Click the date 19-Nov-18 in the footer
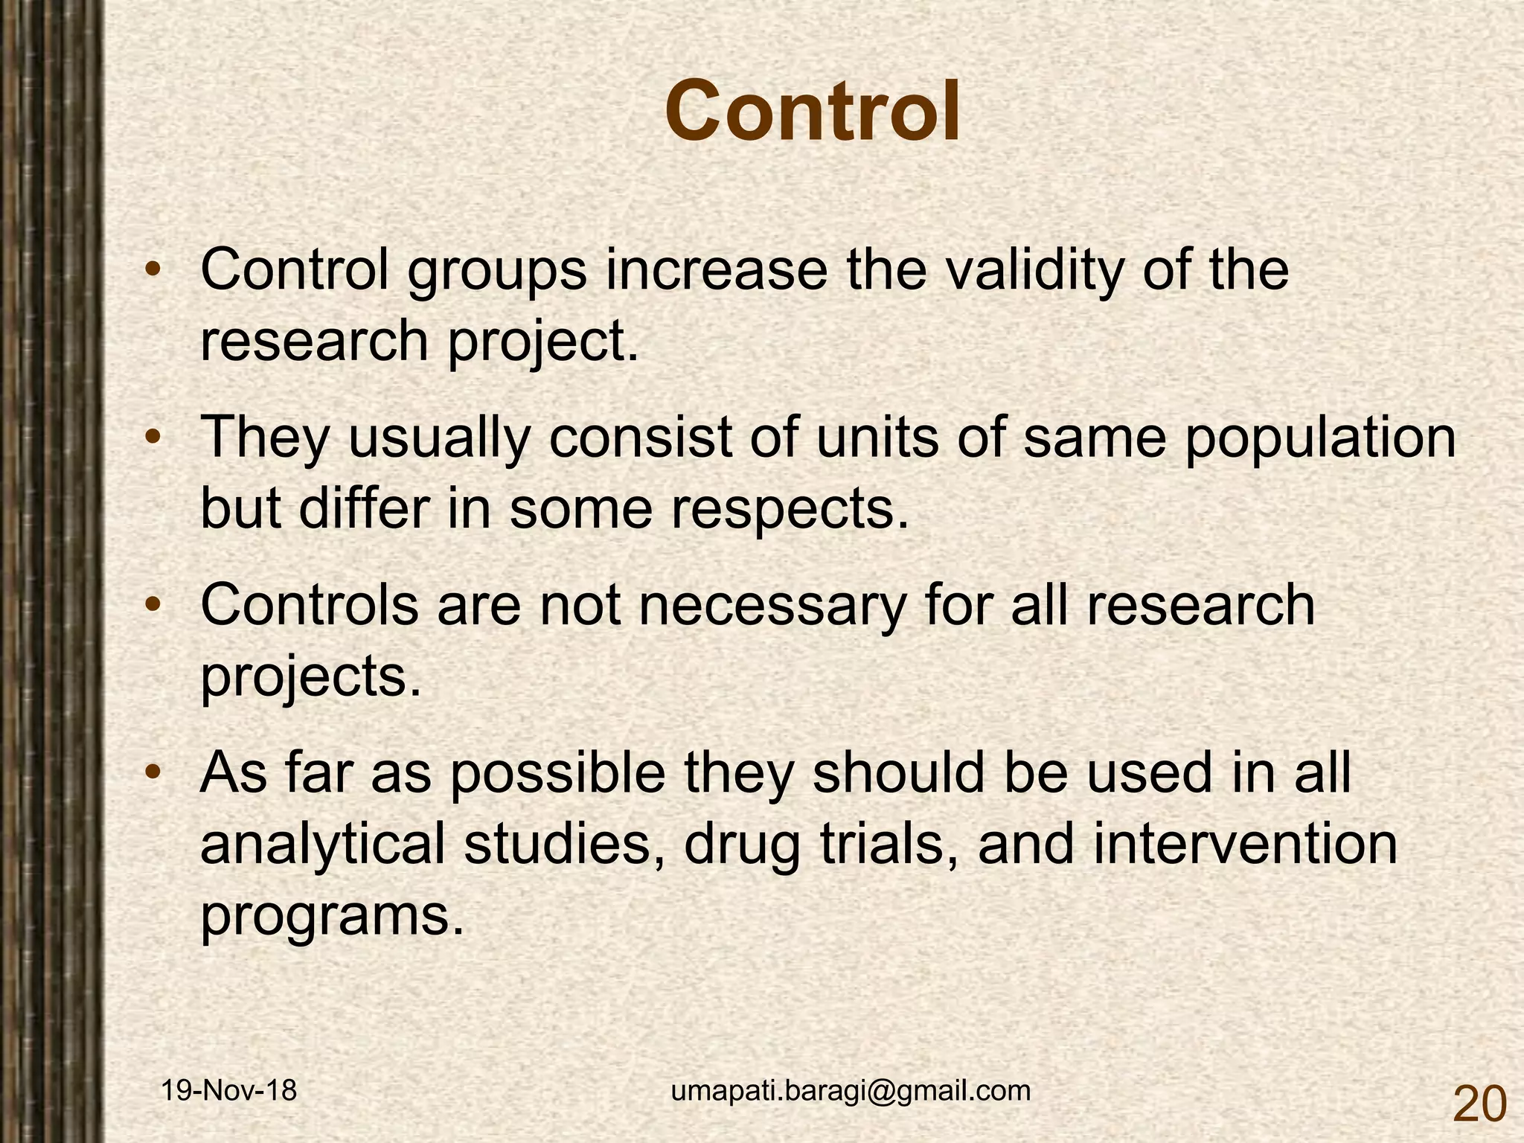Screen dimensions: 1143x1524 [x=229, y=1091]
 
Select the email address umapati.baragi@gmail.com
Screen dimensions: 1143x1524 [x=851, y=1091]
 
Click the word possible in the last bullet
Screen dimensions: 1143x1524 [x=557, y=774]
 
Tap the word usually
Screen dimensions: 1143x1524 [x=439, y=439]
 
